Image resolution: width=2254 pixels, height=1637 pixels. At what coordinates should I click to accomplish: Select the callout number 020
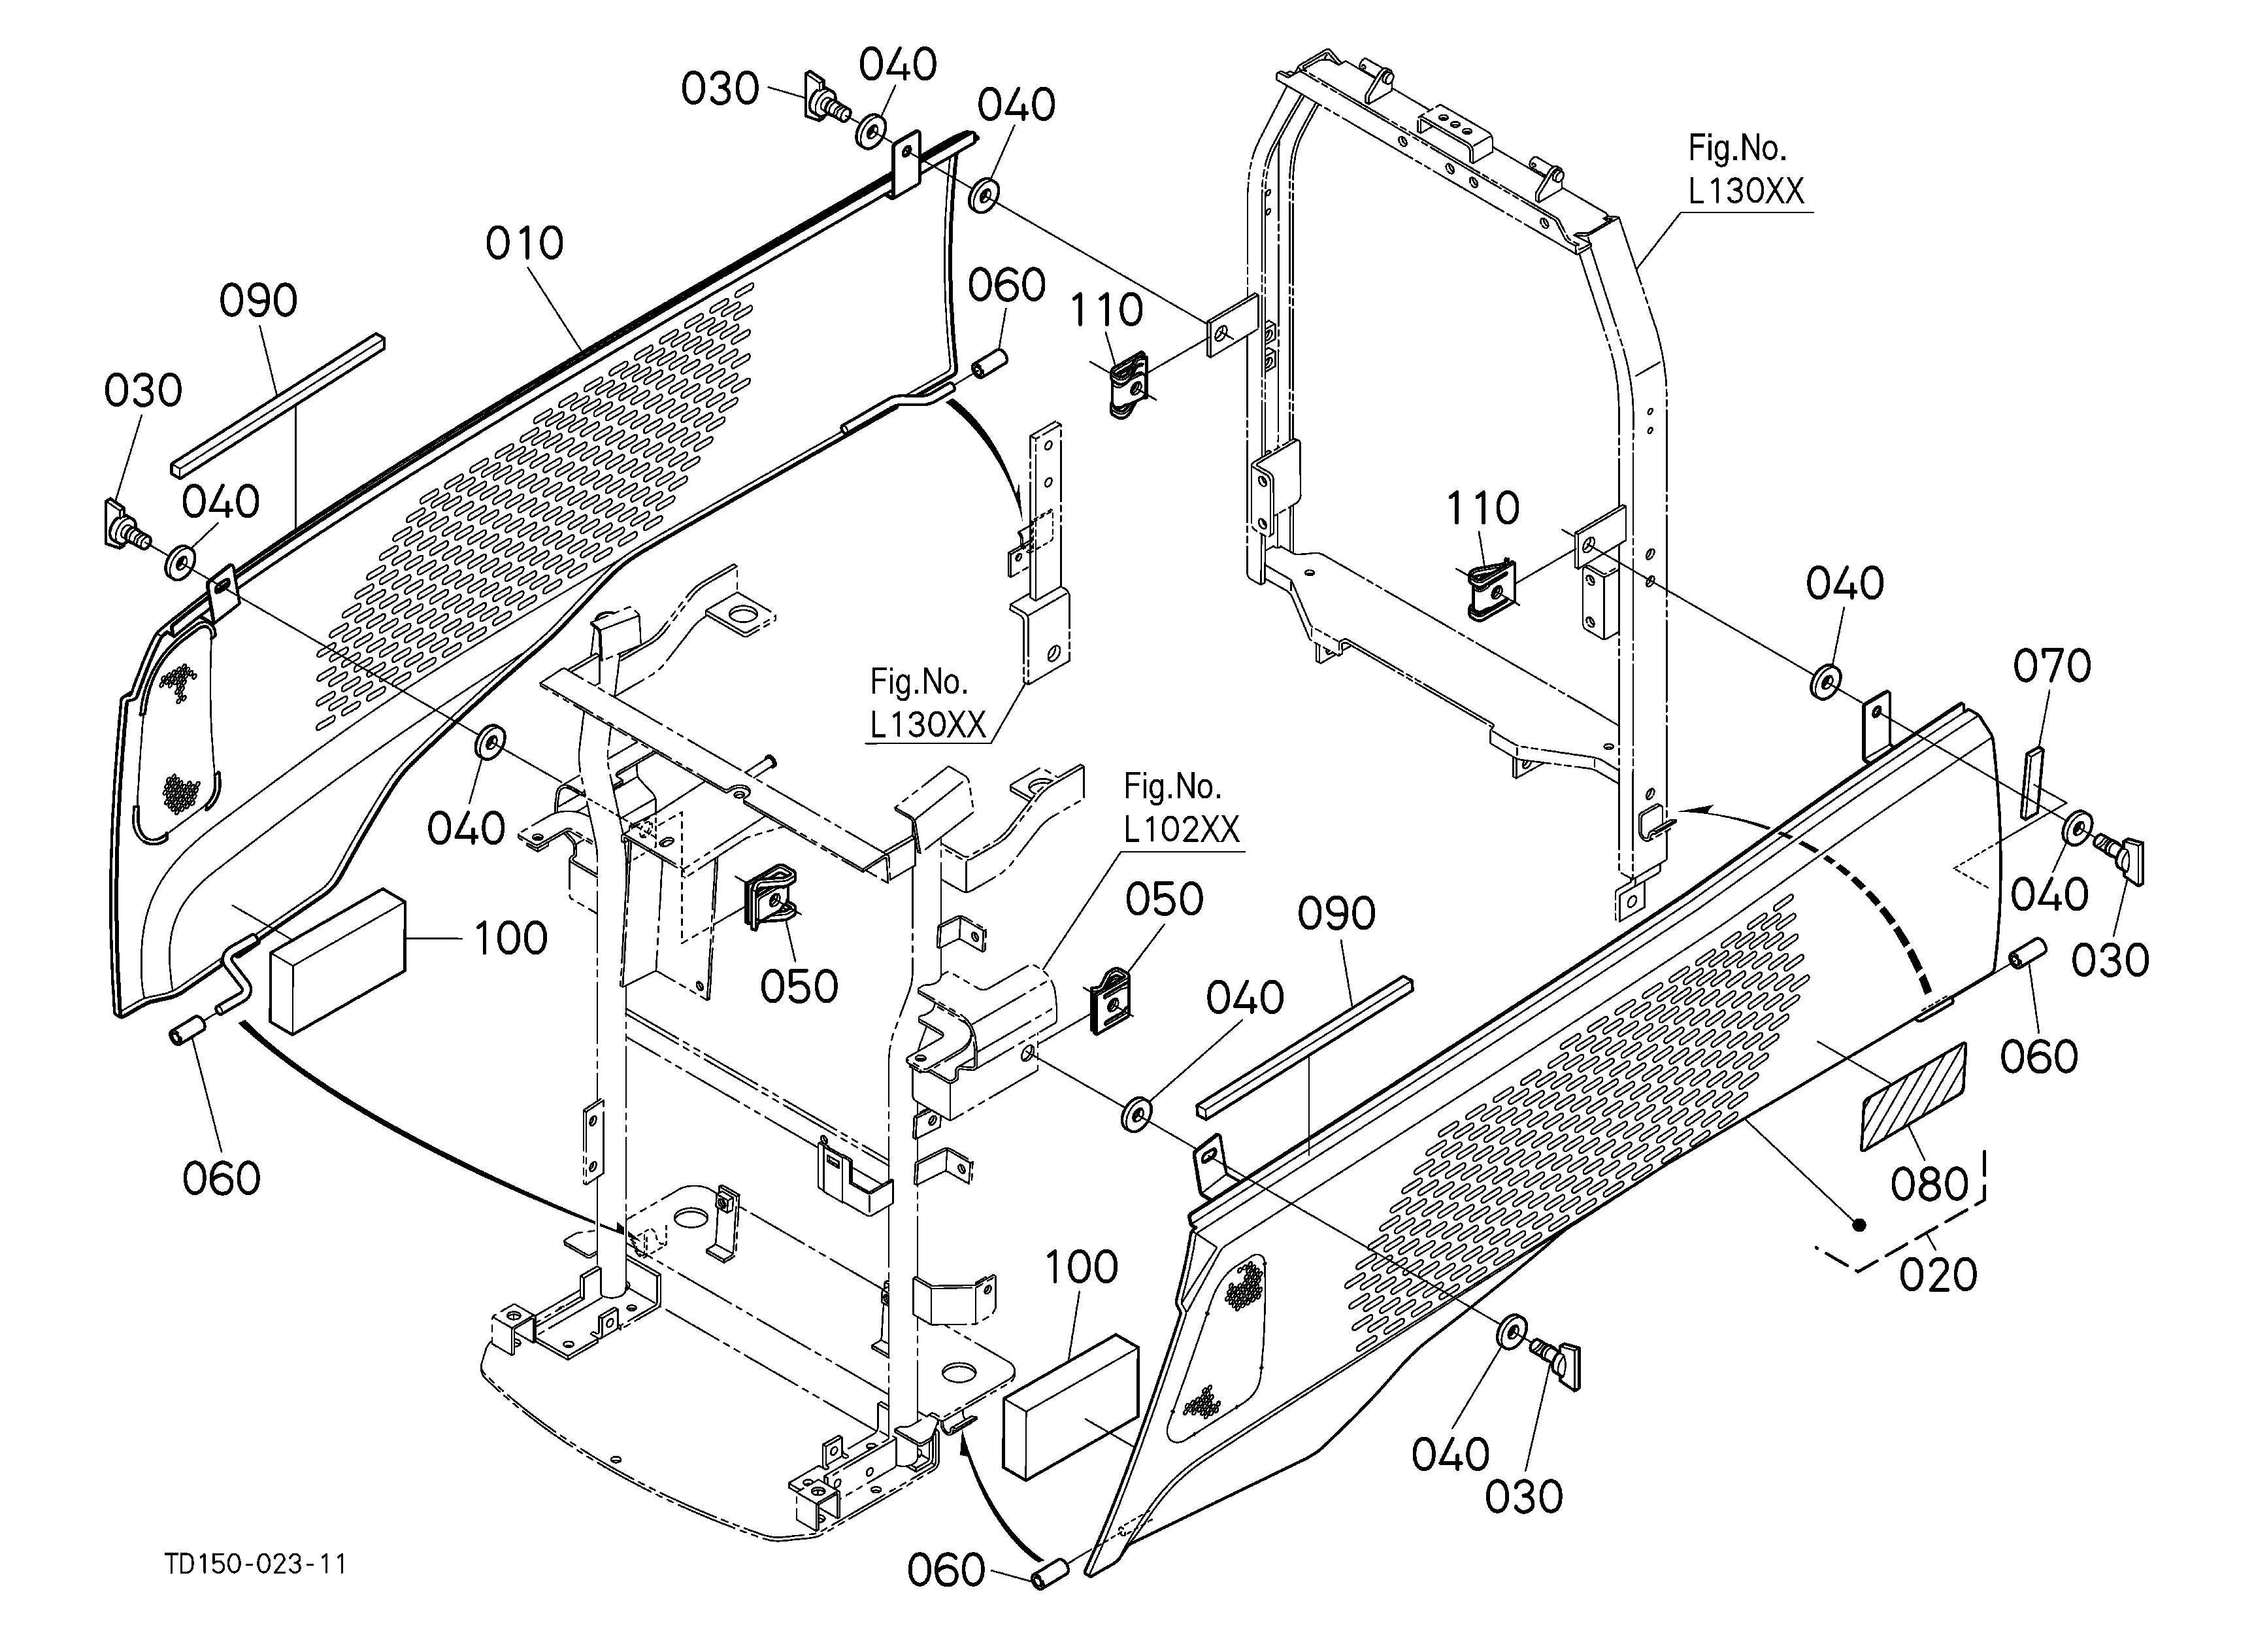tap(1937, 1274)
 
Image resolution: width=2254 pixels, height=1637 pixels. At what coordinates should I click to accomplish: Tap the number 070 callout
tap(2051, 666)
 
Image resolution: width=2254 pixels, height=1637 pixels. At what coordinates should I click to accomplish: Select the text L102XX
tap(1182, 829)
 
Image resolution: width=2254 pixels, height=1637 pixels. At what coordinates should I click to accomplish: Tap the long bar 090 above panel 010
tap(278, 405)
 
